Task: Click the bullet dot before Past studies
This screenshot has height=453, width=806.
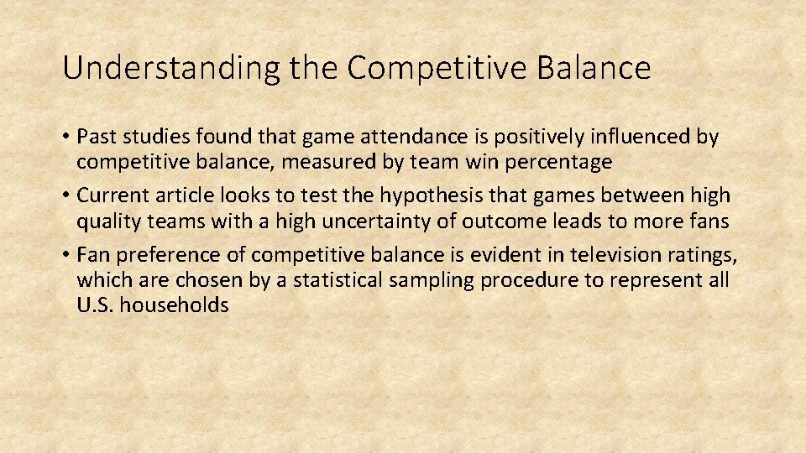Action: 66,137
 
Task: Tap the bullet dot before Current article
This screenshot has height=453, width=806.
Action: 66,196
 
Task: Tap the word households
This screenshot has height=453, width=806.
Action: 175,305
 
